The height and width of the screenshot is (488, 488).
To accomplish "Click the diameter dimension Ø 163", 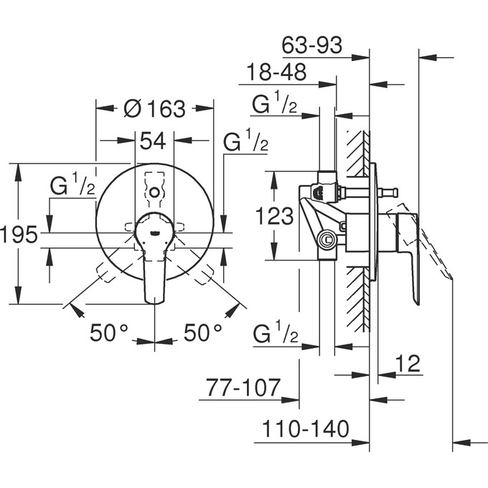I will click(154, 109).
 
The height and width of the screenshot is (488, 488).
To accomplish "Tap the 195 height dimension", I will click(19, 234).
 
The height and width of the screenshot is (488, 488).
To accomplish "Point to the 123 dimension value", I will click(274, 215).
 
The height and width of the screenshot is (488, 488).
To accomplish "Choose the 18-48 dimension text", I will click(276, 72).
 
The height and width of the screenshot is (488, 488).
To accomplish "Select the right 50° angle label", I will click(203, 333).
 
